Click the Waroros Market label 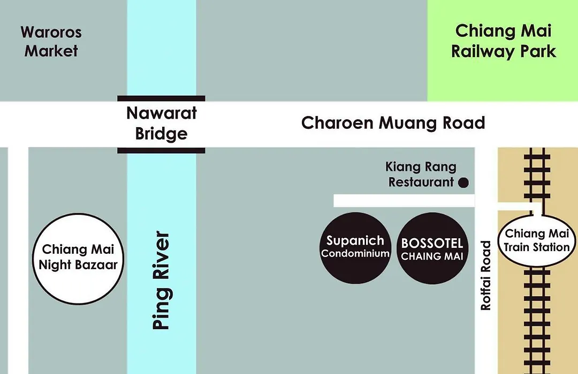(x=51, y=42)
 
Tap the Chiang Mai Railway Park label (x=503, y=41)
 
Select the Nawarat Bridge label (x=162, y=123)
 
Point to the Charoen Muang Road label (x=393, y=123)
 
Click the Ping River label (x=161, y=280)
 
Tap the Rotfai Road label (x=486, y=275)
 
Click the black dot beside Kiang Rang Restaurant (x=463, y=183)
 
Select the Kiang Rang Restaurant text (x=421, y=175)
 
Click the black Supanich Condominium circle (x=355, y=248)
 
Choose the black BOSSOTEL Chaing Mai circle (x=432, y=248)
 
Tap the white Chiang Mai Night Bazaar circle (x=78, y=259)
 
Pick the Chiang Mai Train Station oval (x=536, y=241)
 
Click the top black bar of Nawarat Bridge (x=161, y=98)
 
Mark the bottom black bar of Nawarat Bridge (x=161, y=151)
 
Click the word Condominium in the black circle (x=355, y=254)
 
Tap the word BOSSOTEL (x=432, y=243)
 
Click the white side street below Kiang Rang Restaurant (x=404, y=200)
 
